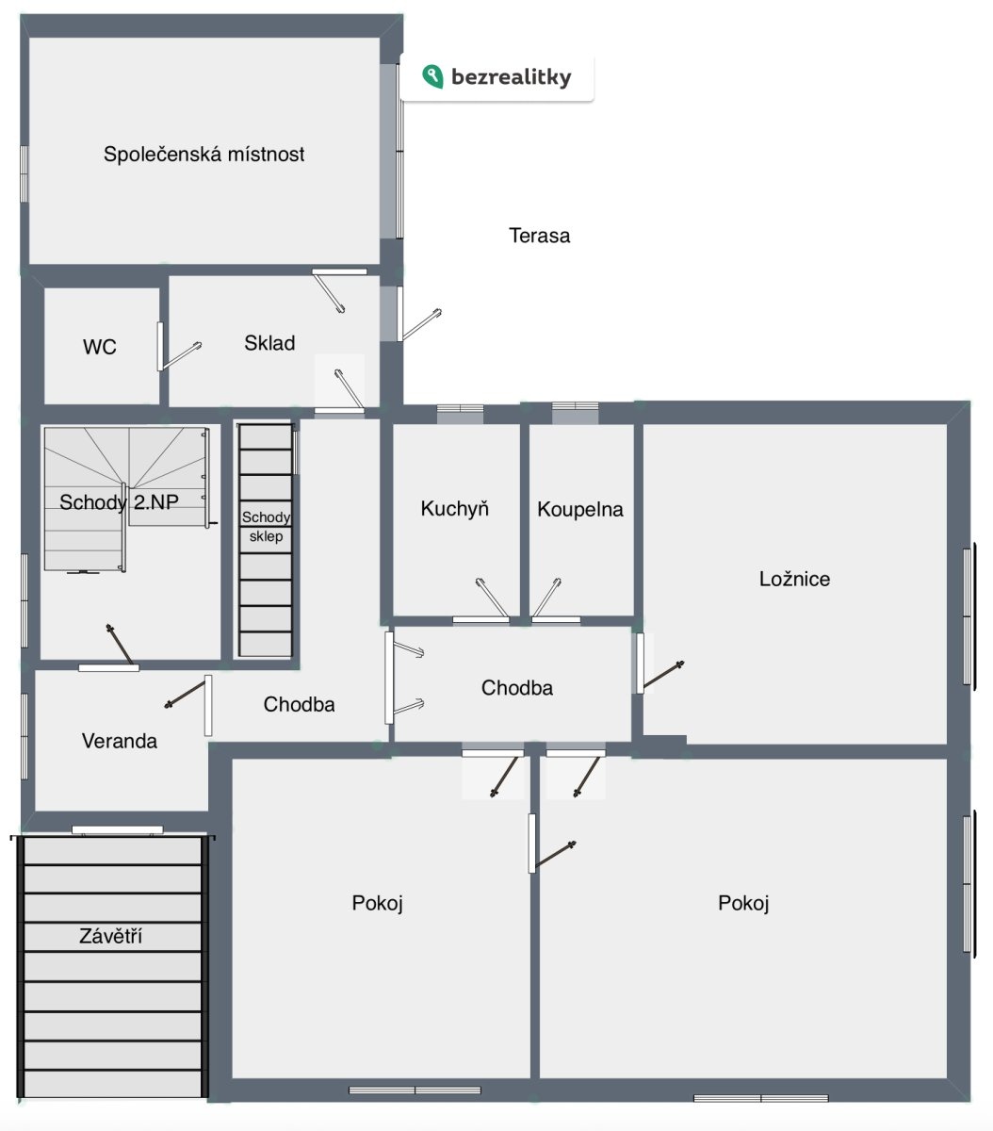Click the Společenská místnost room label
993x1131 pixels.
point(203,154)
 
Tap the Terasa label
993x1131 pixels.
point(539,236)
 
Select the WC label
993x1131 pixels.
point(99,347)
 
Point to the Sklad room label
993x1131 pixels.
point(269,343)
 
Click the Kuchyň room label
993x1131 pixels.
point(454,509)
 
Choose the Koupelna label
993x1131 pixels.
point(580,509)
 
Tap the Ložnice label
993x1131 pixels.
point(794,579)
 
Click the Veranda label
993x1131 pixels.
point(120,741)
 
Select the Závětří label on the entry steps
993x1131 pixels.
point(110,936)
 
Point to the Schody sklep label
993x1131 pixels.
point(266,527)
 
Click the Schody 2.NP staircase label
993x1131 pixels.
point(119,502)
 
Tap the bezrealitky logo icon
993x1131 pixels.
point(432,76)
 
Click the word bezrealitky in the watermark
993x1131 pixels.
point(511,77)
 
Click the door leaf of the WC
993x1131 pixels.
point(180,356)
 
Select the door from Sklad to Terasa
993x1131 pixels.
point(420,324)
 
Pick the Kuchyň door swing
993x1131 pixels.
point(491,598)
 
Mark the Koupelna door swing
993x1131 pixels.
point(546,598)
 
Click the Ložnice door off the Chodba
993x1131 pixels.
point(661,674)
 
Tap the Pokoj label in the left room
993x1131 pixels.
point(378,903)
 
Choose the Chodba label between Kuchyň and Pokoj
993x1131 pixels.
point(517,688)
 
